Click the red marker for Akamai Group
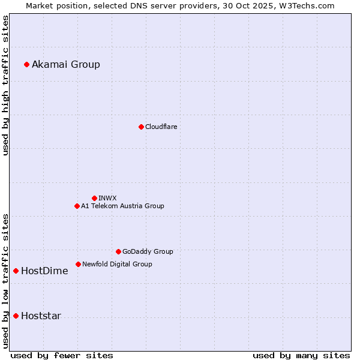point(26,64)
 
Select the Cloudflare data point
point(141,127)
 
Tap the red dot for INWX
point(94,198)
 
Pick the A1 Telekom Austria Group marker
point(77,206)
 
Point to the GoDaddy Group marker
point(118,251)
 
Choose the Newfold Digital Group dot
point(78,264)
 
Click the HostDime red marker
point(16,271)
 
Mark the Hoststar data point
point(16,316)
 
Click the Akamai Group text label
point(66,64)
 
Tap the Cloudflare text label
point(161,127)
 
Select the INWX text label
point(107,198)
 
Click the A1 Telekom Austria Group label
point(122,206)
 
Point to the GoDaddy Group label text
point(148,251)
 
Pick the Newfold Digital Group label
point(117,264)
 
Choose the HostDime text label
point(44,271)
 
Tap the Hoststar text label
point(41,316)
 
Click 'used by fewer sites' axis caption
point(62,355)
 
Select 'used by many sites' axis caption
point(301,355)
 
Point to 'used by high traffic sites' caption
point(5,85)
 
